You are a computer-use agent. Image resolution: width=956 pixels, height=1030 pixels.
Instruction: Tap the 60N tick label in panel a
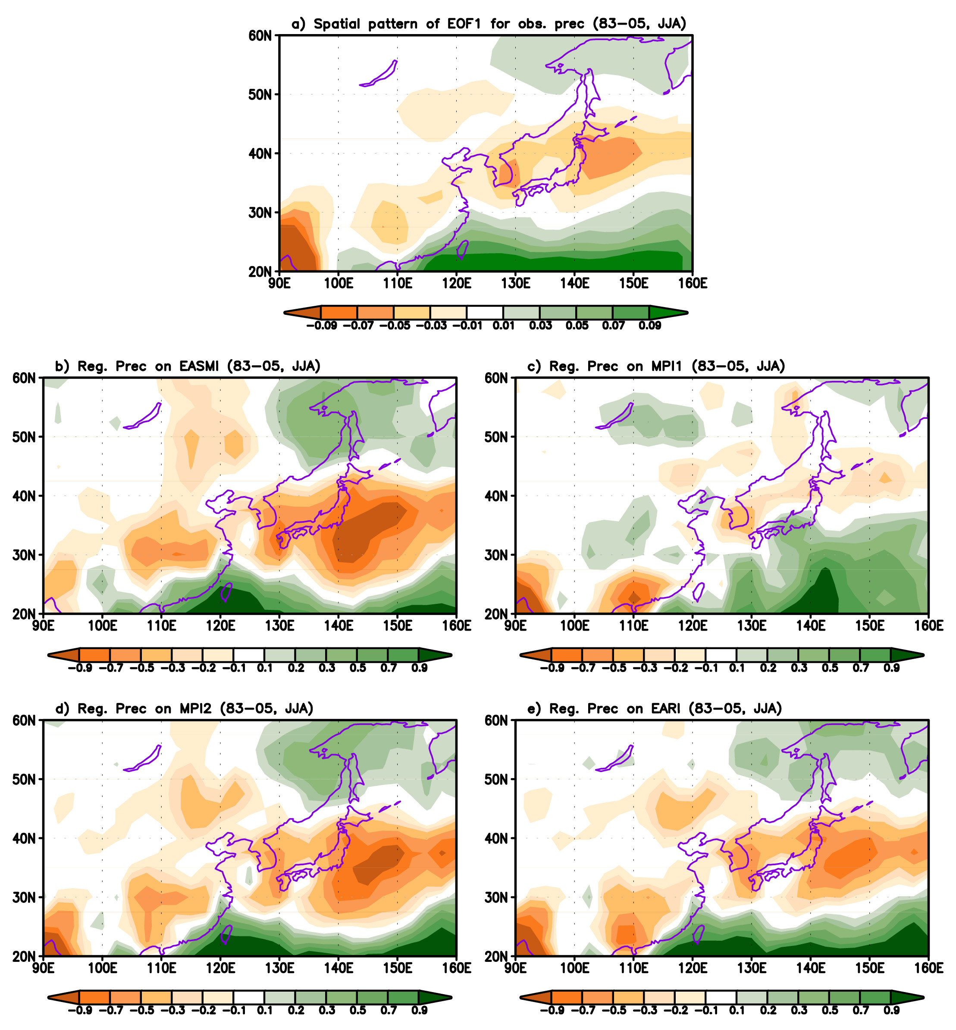(x=260, y=36)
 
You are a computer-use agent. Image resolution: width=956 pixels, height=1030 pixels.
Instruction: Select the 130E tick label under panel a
(x=515, y=283)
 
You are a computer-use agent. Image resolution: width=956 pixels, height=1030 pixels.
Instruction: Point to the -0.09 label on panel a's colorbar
(x=321, y=325)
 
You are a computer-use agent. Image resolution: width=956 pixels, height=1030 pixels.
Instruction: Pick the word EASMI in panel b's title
(x=199, y=366)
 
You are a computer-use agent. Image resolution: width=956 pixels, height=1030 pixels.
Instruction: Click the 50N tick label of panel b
(x=24, y=436)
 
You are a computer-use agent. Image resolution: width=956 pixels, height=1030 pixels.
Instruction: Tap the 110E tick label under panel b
(x=161, y=626)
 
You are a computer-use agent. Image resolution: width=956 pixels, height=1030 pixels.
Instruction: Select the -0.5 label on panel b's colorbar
(x=142, y=668)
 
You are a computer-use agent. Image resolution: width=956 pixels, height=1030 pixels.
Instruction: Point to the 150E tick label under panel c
(x=870, y=626)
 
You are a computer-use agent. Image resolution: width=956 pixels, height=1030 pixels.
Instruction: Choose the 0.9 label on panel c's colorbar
(x=891, y=668)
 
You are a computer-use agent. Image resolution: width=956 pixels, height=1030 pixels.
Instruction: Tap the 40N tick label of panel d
(x=24, y=838)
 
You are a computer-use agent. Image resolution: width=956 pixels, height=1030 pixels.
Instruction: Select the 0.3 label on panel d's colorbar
(x=327, y=1010)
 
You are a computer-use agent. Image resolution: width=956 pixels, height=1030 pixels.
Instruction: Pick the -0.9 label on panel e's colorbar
(x=552, y=1010)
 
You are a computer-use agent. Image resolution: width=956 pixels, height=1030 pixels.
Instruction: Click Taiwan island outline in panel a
(x=463, y=249)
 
